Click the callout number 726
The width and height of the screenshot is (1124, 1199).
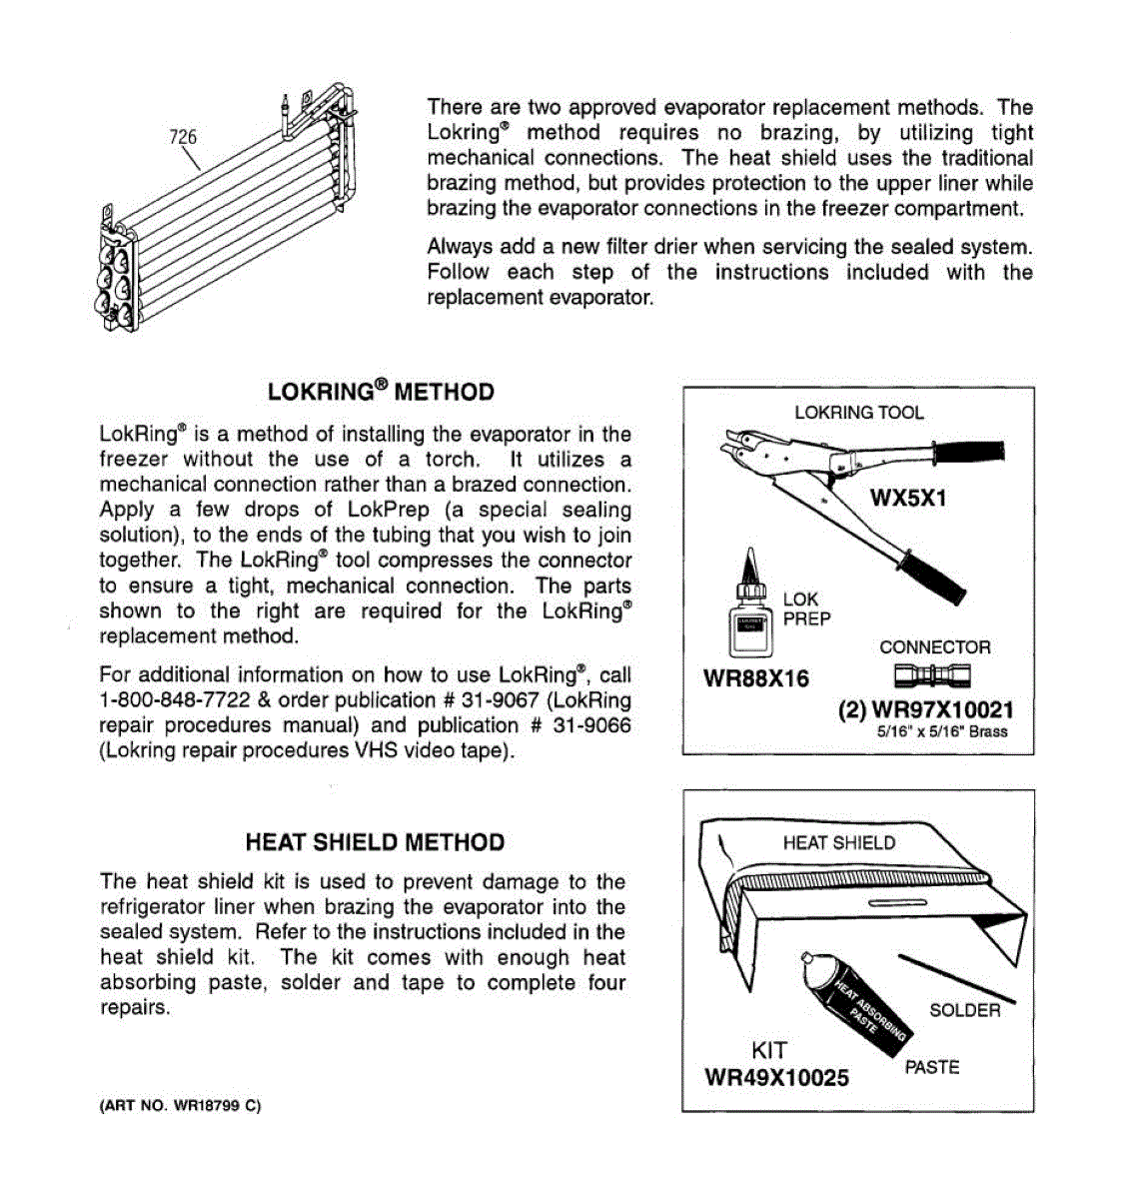click(x=182, y=137)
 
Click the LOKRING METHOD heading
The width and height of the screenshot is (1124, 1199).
click(x=381, y=392)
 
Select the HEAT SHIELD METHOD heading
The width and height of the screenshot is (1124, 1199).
click(x=375, y=842)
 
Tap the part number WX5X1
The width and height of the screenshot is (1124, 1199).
click(x=907, y=498)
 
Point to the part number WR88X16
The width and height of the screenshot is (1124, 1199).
click(x=756, y=679)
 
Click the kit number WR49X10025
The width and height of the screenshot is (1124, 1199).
click(x=776, y=1078)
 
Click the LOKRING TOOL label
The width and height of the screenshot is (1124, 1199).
click(x=858, y=413)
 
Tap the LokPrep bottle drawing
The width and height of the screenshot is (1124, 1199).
click(x=750, y=605)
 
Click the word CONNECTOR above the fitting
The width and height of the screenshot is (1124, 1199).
click(x=934, y=647)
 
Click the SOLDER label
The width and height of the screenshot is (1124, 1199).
click(x=964, y=1010)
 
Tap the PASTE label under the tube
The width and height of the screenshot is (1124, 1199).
click(x=931, y=1067)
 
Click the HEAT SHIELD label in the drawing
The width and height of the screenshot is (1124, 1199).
click(x=838, y=842)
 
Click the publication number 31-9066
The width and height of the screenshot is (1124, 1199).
click(x=591, y=725)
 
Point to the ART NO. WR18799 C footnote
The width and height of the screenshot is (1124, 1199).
click(x=180, y=1106)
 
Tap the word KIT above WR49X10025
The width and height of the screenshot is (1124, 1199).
click(x=769, y=1050)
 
